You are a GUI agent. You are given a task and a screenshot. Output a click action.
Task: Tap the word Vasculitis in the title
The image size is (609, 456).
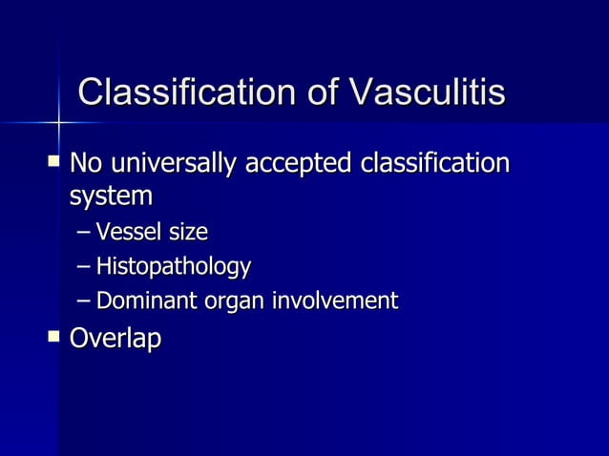427,93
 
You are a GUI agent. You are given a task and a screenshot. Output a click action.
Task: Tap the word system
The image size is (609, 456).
111,197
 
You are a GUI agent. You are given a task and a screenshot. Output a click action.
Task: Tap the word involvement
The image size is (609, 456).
335,301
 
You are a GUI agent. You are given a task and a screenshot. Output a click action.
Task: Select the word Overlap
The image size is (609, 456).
115,339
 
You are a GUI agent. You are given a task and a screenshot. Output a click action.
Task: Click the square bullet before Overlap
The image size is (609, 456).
52,335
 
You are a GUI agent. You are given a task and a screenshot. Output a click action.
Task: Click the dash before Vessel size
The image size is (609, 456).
83,233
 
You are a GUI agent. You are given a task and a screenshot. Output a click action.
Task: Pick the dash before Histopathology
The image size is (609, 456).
83,267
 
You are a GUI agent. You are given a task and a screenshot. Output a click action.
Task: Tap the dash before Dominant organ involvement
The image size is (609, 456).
83,302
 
